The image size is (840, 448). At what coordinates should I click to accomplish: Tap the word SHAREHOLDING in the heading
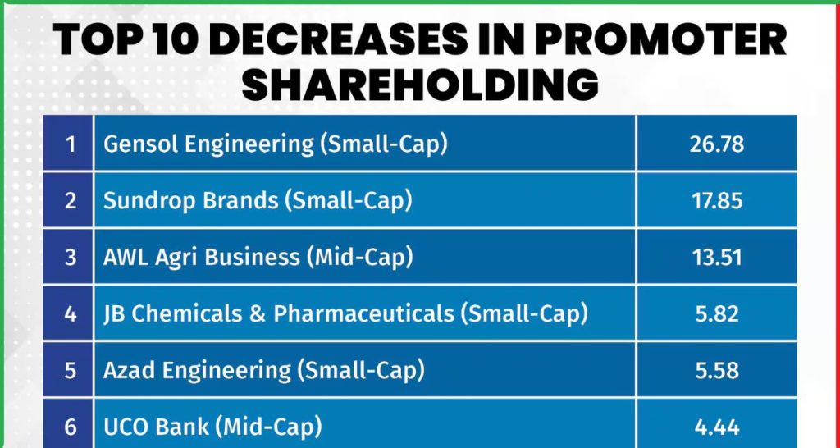coord(419,85)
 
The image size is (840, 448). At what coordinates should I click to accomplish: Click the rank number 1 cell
coord(71,144)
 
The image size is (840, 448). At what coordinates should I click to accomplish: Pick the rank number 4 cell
coord(71,313)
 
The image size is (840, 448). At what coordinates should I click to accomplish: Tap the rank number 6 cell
coord(71,427)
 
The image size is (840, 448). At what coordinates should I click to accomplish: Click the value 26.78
coord(716,144)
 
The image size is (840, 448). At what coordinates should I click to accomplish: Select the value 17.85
coord(716,201)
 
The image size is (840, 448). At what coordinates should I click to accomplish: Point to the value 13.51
coord(716,258)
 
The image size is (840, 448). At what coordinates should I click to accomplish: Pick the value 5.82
coord(716,313)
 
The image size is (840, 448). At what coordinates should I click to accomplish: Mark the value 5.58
coord(716,370)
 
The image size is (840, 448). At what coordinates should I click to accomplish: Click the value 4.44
coord(716,427)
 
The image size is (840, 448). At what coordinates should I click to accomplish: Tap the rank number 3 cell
coord(71,258)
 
